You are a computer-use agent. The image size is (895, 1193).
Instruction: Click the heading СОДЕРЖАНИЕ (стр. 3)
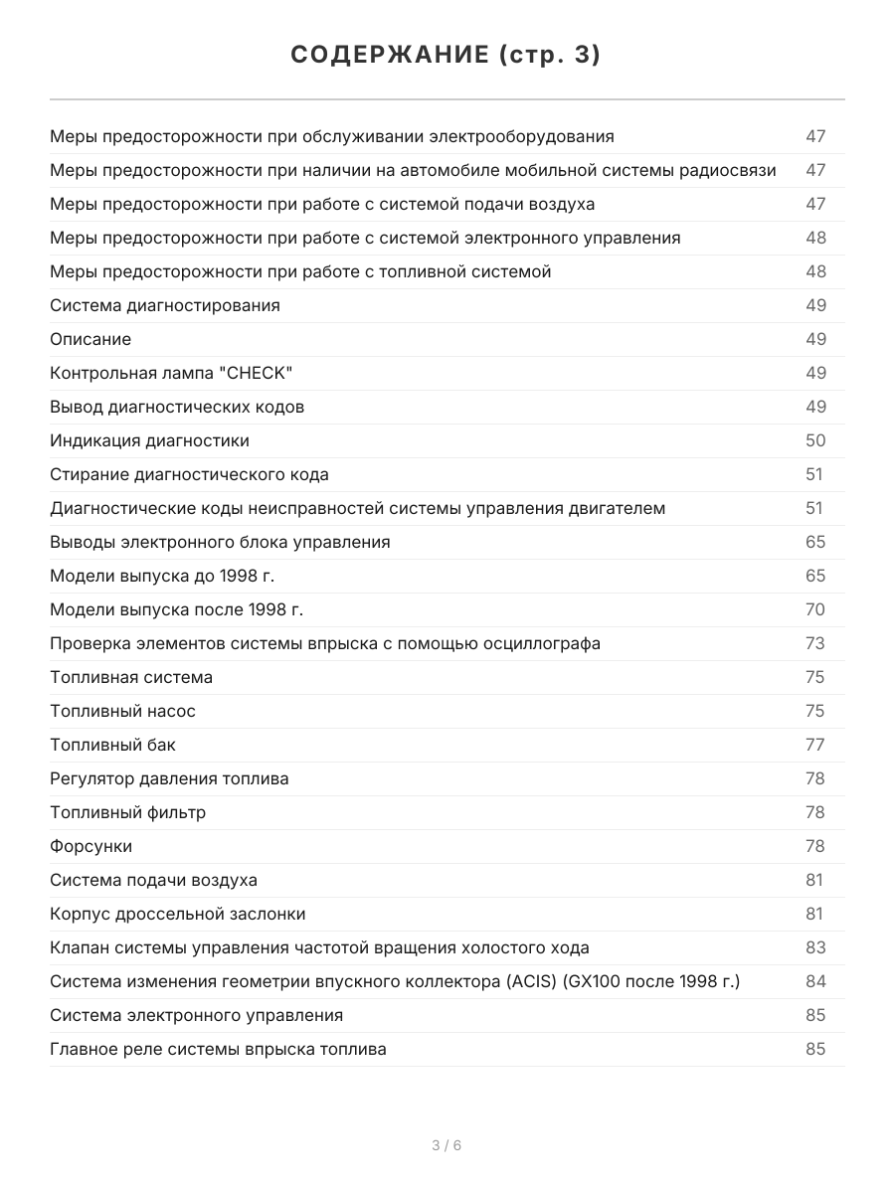[x=447, y=56]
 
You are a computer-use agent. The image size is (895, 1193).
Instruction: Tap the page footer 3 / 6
[x=447, y=1145]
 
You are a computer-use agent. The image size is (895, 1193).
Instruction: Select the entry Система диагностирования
[x=165, y=305]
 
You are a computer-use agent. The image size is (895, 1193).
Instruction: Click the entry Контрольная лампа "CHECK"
[x=171, y=373]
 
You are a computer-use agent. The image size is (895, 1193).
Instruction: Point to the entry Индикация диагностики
[x=149, y=440]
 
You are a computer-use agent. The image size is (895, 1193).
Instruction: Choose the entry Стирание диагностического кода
[x=189, y=474]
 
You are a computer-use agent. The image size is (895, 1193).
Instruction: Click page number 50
[x=815, y=440]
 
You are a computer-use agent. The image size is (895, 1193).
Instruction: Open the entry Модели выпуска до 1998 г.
[x=162, y=576]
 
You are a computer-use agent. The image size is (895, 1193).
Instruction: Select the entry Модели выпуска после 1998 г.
[x=176, y=609]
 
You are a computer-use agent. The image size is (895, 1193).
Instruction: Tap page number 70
[x=815, y=609]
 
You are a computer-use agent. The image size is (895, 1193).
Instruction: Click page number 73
[x=815, y=643]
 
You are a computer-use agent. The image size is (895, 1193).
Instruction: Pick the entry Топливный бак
[x=112, y=745]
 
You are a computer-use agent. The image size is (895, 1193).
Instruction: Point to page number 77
[x=815, y=745]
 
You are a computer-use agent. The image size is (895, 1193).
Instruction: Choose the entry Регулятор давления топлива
[x=169, y=778]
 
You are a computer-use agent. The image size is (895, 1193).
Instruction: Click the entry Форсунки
[x=90, y=846]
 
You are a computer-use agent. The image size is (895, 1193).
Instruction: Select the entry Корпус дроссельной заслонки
[x=178, y=914]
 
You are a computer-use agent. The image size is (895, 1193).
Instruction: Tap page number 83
[x=815, y=947]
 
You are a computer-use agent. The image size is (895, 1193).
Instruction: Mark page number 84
[x=815, y=981]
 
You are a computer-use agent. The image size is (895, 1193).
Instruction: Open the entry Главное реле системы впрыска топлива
[x=218, y=1049]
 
